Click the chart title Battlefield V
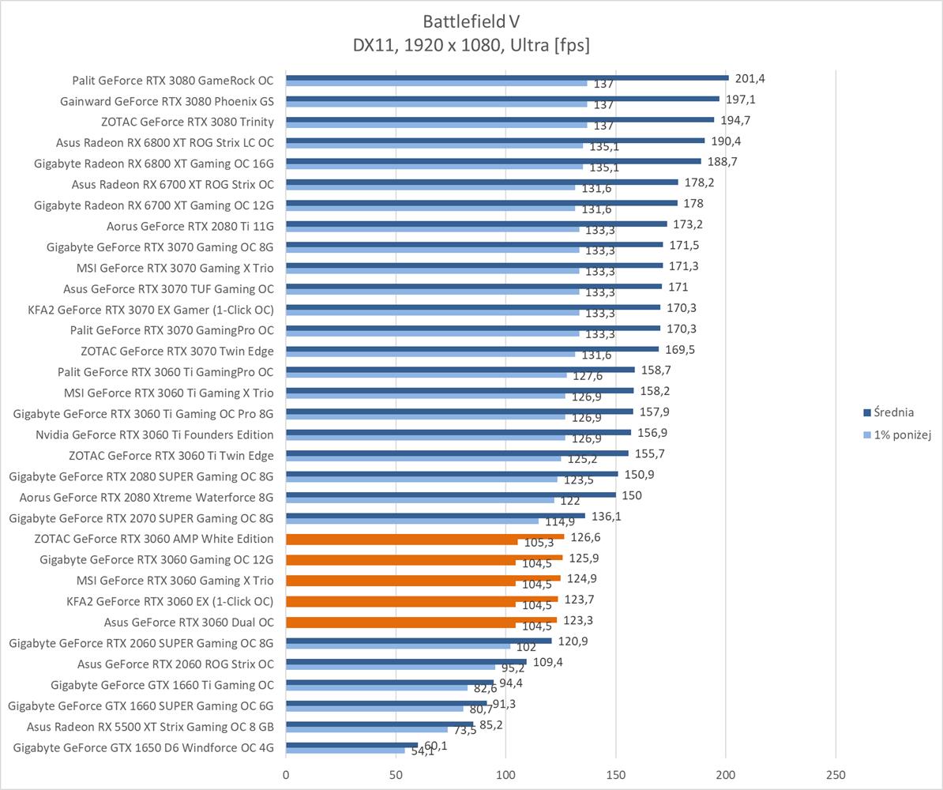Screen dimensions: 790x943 [471, 21]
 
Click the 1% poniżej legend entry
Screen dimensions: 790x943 [901, 435]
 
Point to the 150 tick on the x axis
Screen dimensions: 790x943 [616, 774]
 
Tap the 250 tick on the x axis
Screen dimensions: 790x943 [836, 774]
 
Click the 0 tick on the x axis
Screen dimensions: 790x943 [286, 774]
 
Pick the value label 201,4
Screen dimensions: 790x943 [750, 78]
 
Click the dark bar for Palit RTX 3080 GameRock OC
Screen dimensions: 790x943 [506, 77]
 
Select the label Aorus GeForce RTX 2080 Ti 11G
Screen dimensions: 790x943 [190, 226]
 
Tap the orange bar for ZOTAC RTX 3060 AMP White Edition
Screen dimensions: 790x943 [425, 537]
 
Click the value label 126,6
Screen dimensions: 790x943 [585, 537]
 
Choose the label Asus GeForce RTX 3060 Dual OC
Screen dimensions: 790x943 [189, 623]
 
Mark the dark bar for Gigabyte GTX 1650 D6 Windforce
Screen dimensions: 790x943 [351, 744]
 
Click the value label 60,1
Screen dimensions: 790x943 [436, 745]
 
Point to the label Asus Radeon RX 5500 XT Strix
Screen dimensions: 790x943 [150, 727]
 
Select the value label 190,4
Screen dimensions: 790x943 [725, 141]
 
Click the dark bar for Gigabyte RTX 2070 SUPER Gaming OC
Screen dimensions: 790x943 [435, 515]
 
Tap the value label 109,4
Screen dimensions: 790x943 [548, 661]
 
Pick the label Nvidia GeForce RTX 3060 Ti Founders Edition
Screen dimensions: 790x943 [155, 434]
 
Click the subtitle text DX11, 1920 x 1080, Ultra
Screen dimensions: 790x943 [471, 46]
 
